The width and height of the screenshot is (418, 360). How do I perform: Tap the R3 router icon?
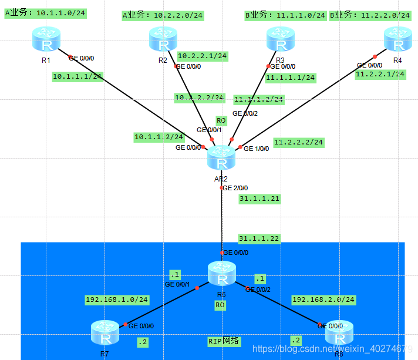pyautogui.click(x=280, y=40)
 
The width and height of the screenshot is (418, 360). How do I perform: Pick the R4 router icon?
pyautogui.click(x=397, y=40)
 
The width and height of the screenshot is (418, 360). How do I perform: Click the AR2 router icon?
pyautogui.click(x=221, y=158)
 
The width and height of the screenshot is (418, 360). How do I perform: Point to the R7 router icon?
pyautogui.click(x=105, y=333)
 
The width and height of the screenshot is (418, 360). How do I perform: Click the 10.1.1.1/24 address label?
pyautogui.click(x=77, y=76)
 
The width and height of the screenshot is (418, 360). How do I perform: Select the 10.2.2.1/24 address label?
pyautogui.click(x=202, y=56)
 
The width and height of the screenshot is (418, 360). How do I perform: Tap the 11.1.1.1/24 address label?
pyautogui.click(x=290, y=78)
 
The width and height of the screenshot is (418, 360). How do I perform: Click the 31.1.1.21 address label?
pyautogui.click(x=259, y=199)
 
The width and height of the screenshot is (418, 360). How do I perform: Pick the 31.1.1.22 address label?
pyautogui.click(x=259, y=238)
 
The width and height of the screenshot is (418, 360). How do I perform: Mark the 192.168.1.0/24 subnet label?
pyautogui.click(x=117, y=300)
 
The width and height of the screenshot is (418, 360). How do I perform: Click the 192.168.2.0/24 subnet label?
pyautogui.click(x=323, y=300)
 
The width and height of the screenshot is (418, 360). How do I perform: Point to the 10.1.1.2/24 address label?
pyautogui.click(x=159, y=137)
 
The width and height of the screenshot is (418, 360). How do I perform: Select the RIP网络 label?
pyautogui.click(x=224, y=341)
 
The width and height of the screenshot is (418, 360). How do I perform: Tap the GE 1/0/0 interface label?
pyautogui.click(x=256, y=149)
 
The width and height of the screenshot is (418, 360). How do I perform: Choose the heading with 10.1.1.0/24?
pyautogui.click(x=46, y=13)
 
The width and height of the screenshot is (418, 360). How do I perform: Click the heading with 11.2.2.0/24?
pyautogui.click(x=370, y=15)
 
